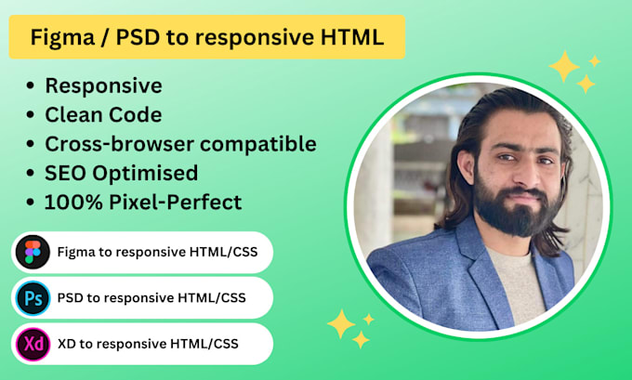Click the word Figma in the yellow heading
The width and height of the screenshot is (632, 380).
tap(62, 37)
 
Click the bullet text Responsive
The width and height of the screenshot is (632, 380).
tap(103, 85)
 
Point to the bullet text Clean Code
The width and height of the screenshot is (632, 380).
tap(103, 115)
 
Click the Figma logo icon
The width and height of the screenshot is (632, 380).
tap(33, 252)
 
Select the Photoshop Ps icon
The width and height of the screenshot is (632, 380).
tap(33, 297)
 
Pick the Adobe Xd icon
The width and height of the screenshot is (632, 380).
tap(33, 343)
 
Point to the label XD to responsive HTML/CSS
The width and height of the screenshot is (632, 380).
tap(148, 343)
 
